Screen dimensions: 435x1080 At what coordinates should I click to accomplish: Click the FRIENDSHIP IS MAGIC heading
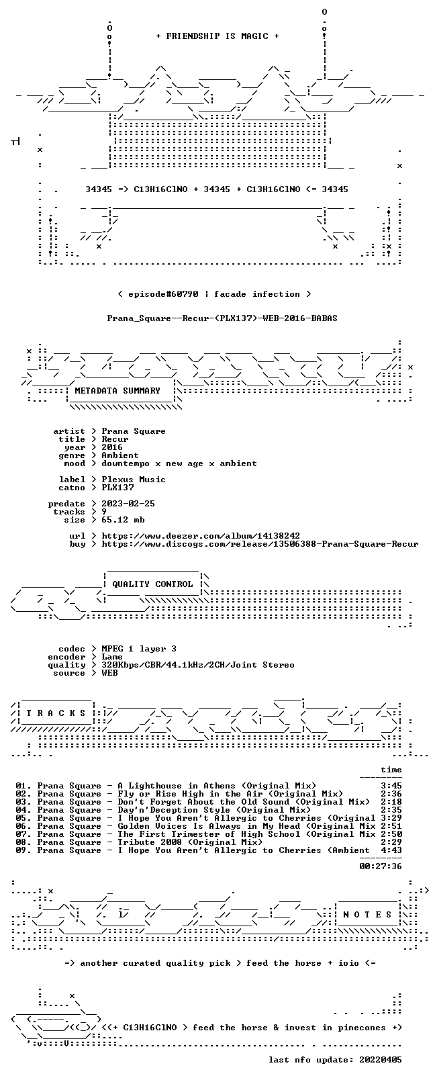click(x=217, y=36)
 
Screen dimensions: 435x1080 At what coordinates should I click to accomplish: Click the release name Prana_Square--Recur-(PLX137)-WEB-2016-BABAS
click(x=222, y=318)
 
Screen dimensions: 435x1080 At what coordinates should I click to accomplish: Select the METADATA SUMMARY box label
click(x=117, y=390)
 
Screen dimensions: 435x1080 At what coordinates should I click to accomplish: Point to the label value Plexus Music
click(x=134, y=480)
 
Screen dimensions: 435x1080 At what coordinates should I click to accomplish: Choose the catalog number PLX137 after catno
click(x=117, y=488)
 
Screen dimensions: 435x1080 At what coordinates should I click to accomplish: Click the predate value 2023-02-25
click(x=128, y=503)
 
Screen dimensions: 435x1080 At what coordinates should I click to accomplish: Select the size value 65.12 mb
click(x=123, y=520)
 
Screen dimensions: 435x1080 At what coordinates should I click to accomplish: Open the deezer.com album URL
click(x=201, y=536)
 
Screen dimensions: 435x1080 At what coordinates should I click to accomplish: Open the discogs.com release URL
click(x=260, y=544)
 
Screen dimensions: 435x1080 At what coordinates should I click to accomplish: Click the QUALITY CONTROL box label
click(x=152, y=584)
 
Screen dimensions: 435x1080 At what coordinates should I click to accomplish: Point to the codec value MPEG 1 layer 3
click(x=139, y=649)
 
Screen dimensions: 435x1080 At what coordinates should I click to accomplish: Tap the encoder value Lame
click(x=112, y=657)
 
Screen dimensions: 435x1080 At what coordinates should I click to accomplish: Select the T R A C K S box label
click(x=56, y=713)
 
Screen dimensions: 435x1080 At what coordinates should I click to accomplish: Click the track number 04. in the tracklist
click(x=23, y=810)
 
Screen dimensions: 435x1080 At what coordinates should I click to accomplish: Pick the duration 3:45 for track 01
click(x=391, y=786)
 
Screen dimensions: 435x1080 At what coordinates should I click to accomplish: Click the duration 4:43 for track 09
click(x=391, y=850)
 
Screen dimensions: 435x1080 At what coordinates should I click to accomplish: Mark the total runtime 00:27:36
click(x=381, y=866)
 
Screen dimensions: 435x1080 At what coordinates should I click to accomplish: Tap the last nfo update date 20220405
click(x=381, y=1060)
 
